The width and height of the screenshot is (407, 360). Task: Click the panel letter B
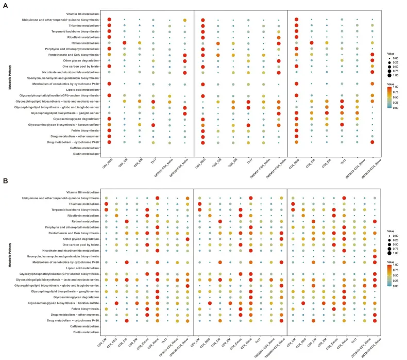tap(6, 181)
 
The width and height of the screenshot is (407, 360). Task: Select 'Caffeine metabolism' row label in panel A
tap(84, 148)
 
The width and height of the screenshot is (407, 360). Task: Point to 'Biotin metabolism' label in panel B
tap(86, 332)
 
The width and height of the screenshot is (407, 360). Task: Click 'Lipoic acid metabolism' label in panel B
tap(84, 268)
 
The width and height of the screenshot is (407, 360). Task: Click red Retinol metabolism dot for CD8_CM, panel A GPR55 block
tap(124, 43)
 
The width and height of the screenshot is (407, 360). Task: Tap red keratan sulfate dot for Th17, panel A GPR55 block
tap(154, 125)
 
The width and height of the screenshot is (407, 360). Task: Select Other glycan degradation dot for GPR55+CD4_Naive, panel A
tap(184, 60)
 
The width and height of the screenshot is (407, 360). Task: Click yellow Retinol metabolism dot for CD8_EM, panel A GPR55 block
tap(139, 43)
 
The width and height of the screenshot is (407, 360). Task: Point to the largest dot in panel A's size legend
tap(389, 75)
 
